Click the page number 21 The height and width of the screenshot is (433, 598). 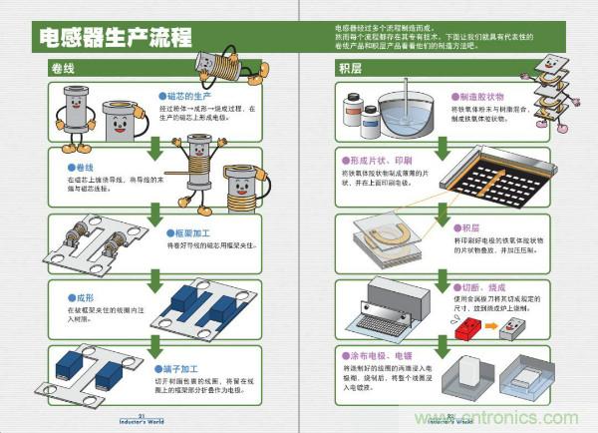143,414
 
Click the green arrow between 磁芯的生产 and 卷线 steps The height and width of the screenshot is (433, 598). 154,148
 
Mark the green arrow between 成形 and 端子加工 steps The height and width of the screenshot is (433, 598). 154,344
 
